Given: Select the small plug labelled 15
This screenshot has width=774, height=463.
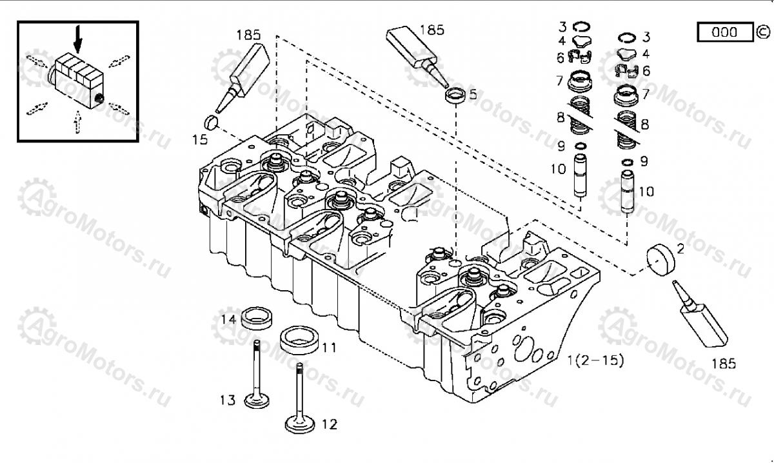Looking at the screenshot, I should point(213,121).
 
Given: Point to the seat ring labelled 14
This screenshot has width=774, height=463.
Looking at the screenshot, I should point(257,318).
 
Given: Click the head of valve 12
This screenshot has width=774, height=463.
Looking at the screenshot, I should point(301,425).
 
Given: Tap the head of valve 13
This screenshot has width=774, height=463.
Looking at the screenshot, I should point(257,400).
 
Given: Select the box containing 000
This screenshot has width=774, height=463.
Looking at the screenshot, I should point(724,32).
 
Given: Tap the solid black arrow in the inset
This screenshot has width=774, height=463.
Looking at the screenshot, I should point(78,38).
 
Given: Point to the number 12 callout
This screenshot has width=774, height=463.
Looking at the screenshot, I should point(329,424).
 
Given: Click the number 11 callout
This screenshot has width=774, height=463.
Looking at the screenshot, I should point(329,348).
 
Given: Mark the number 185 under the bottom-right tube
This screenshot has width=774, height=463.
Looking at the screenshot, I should point(723,364).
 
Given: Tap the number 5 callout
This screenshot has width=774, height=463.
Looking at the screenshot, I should point(473,95).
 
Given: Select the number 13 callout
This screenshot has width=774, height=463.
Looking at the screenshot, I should point(227,400).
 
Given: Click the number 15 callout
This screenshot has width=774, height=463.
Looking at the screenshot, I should point(201,139).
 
